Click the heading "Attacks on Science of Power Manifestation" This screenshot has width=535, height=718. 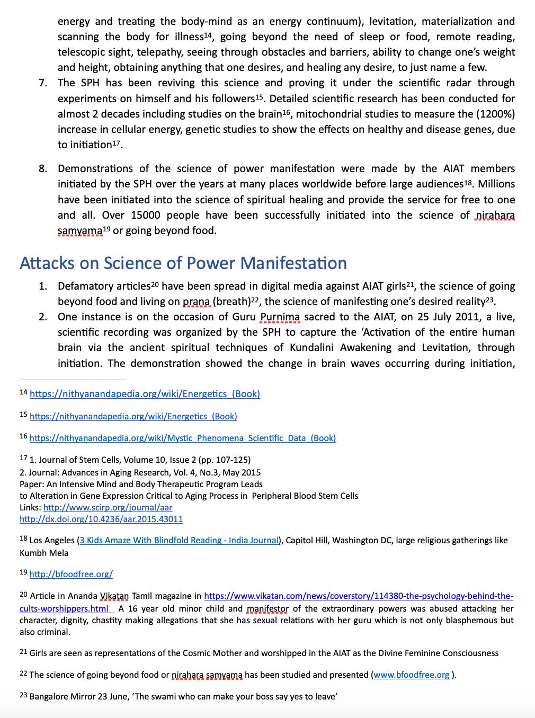tap(183, 263)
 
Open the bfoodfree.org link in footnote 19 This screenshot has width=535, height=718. tap(71, 574)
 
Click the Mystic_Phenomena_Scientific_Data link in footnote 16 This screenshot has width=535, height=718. tap(182, 438)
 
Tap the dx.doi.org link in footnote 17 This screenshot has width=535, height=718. tap(101, 519)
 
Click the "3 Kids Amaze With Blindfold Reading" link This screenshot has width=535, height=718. tap(179, 540)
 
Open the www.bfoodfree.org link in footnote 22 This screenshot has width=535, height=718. tap(412, 675)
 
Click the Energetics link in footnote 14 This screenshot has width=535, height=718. tap(145, 394)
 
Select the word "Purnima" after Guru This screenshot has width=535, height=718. tap(280, 317)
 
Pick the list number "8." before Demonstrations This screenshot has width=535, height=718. tap(43, 168)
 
